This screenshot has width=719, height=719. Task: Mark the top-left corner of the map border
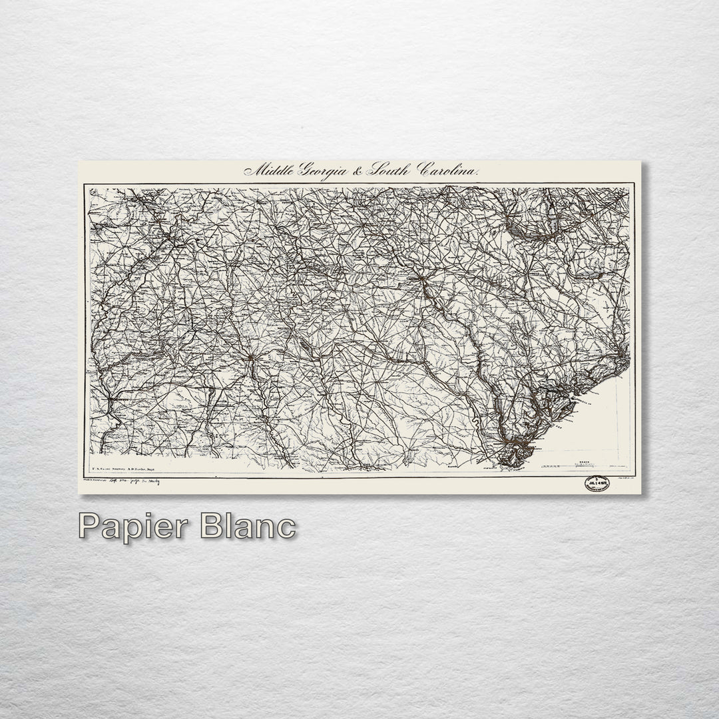pyautogui.click(x=84, y=186)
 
